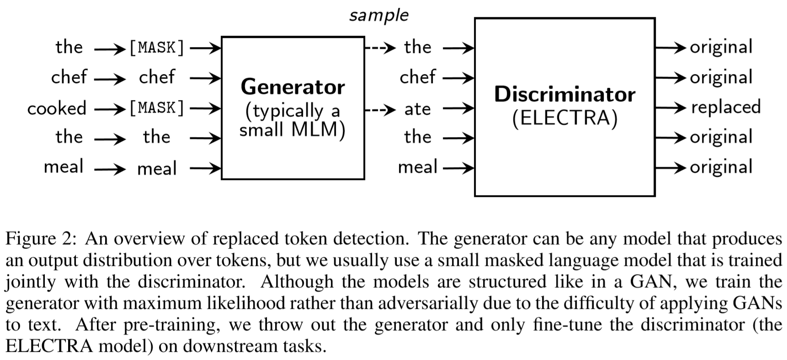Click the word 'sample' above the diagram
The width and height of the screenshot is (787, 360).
[x=378, y=16]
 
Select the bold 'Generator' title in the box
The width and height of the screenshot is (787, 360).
[x=292, y=87]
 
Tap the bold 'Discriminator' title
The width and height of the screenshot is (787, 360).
[x=564, y=95]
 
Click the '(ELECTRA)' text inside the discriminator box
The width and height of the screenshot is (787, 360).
[x=564, y=118]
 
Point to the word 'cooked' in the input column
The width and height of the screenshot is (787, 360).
[x=57, y=109]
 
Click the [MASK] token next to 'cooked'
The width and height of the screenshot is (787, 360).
[x=157, y=108]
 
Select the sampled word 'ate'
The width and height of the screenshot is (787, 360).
[x=417, y=109]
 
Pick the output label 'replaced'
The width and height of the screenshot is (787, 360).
[x=725, y=107]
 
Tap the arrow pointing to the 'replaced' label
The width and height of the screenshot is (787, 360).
[x=670, y=108]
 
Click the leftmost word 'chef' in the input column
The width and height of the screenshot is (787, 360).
[x=69, y=77]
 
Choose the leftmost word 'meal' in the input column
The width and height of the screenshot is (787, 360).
[x=64, y=167]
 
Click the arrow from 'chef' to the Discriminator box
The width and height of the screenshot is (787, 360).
[x=458, y=78]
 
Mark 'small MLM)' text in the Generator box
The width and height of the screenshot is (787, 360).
[x=292, y=130]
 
